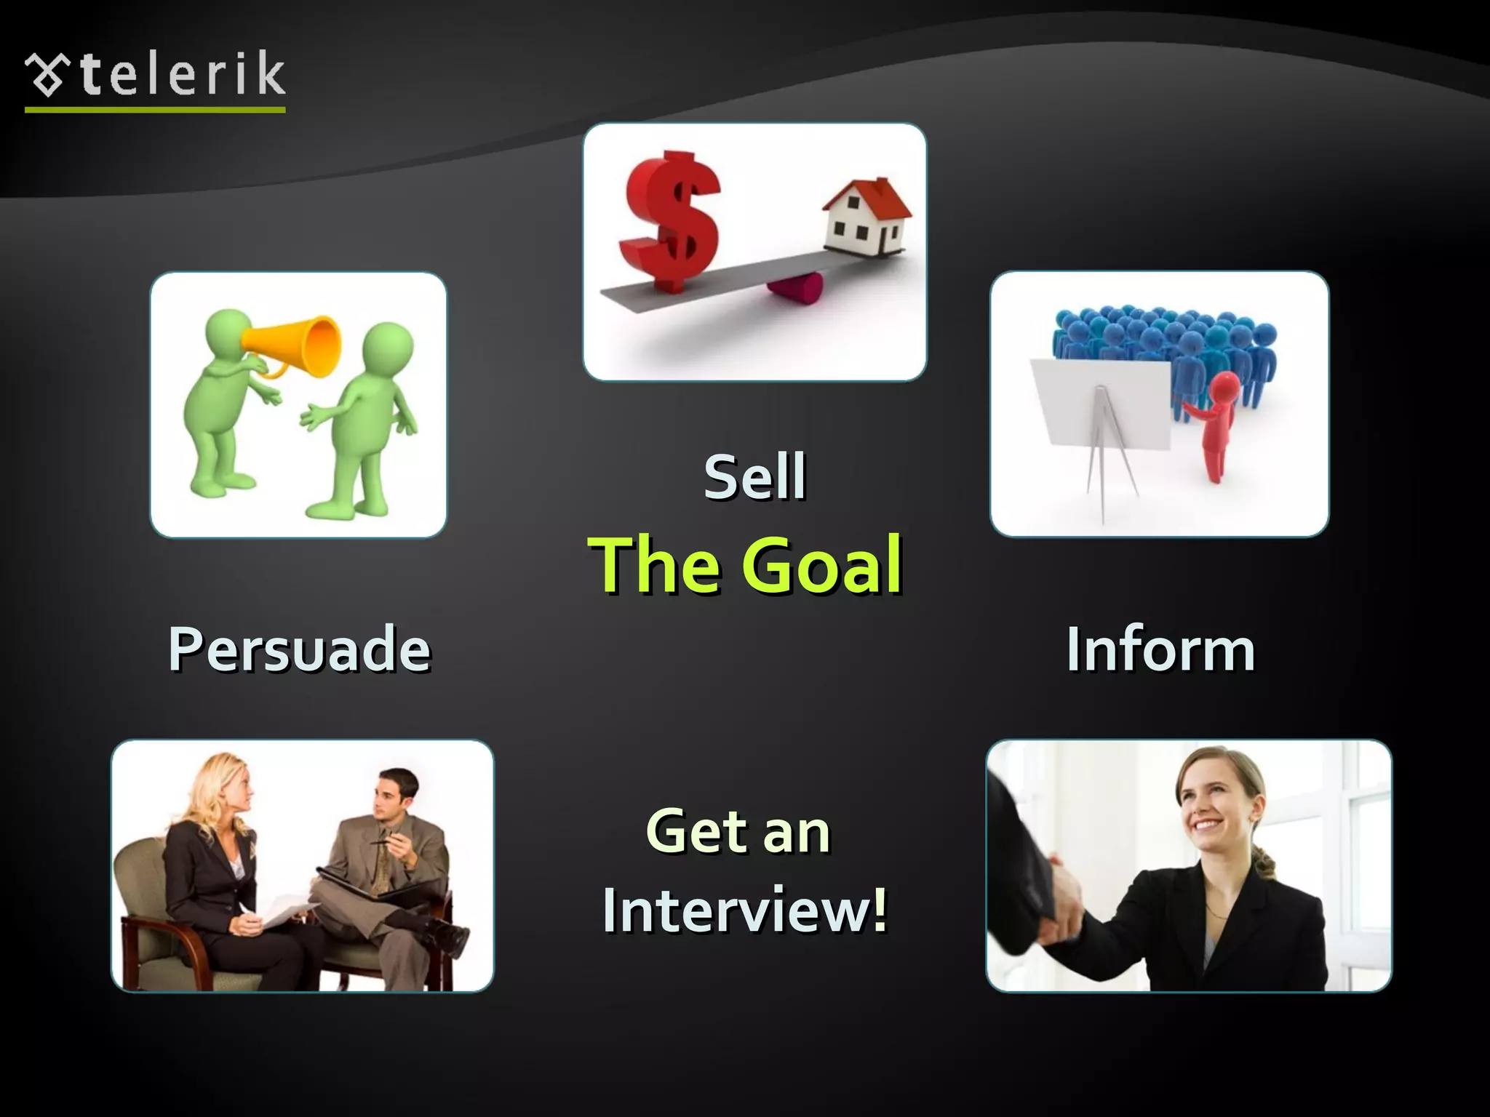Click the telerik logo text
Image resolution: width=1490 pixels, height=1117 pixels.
coord(182,74)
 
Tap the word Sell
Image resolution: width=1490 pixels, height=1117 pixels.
coord(754,477)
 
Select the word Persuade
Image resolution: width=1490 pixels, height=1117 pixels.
coord(299,649)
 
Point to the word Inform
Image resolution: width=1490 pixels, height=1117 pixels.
coord(1160,649)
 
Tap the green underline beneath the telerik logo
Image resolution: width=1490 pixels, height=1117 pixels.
coord(155,110)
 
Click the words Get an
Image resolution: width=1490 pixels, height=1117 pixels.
coord(738,832)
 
